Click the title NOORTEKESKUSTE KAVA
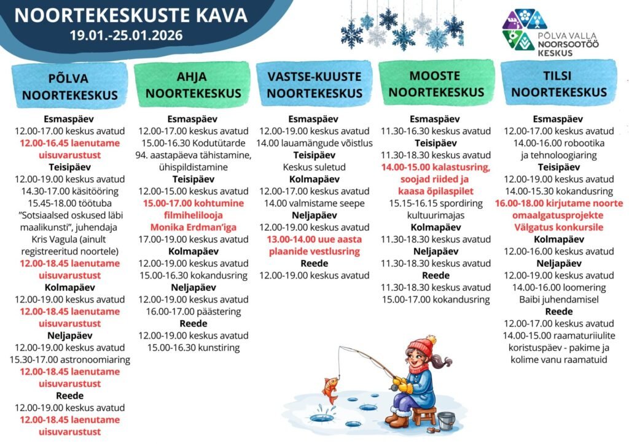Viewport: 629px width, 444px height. pyautogui.click(x=131, y=15)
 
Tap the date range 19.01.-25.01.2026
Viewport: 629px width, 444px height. pyautogui.click(x=126, y=36)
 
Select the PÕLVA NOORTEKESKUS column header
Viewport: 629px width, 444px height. pyautogui.click(x=68, y=86)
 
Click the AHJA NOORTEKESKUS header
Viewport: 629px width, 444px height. pyautogui.click(x=192, y=85)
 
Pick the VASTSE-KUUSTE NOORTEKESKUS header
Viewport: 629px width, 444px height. pyautogui.click(x=314, y=85)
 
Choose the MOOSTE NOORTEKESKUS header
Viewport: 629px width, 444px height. pyautogui.click(x=436, y=84)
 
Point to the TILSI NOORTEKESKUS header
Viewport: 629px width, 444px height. pyautogui.click(x=559, y=84)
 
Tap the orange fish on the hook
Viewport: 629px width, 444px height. pyautogui.click(x=330, y=389)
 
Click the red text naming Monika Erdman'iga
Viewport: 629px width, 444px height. pyautogui.click(x=193, y=227)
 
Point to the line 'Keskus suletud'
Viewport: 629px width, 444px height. pyautogui.click(x=314, y=167)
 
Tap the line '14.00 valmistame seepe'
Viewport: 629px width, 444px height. pyautogui.click(x=314, y=203)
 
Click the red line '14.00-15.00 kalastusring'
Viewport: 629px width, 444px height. pyautogui.click(x=436, y=167)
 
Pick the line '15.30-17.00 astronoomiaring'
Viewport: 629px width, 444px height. pyautogui.click(x=70, y=359)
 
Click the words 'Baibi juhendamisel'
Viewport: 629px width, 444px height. pyautogui.click(x=559, y=299)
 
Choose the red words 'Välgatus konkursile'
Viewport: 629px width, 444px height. pyautogui.click(x=559, y=227)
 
